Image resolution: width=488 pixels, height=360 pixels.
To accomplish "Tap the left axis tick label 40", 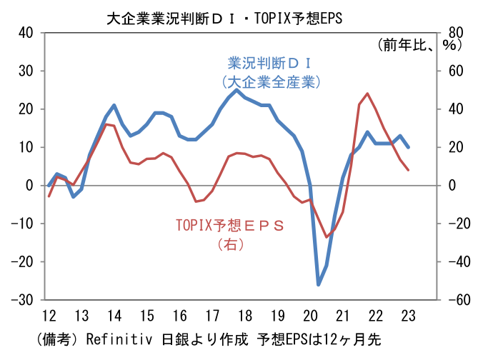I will (x=26, y=33).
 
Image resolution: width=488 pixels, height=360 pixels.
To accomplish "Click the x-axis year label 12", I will (x=49, y=316).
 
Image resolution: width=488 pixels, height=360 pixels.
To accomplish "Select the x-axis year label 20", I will (x=311, y=316).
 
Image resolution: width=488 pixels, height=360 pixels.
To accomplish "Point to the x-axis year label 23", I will (x=409, y=316).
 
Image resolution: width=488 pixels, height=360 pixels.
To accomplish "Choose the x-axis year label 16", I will (x=179, y=316).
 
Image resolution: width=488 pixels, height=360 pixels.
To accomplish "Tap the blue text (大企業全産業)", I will (x=271, y=81).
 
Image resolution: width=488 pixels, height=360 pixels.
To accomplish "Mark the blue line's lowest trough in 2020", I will (x=319, y=284).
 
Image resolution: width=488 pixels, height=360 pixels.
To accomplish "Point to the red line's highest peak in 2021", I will (x=367, y=94).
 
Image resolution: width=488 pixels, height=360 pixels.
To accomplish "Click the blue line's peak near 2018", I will (x=236, y=90).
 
